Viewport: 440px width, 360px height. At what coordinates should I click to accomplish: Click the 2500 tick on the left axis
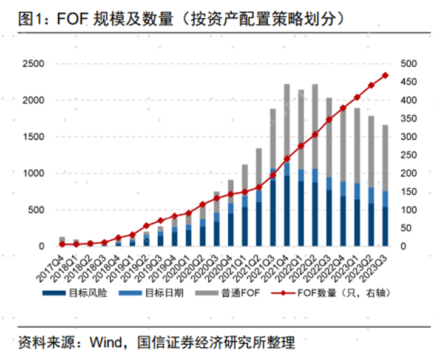33,64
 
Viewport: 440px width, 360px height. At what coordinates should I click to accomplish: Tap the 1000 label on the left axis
33,174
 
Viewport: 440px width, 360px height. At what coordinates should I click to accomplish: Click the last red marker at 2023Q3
385,75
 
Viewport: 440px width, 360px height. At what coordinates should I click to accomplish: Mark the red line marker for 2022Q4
343,108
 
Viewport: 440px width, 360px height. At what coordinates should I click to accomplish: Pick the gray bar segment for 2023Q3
385,158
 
